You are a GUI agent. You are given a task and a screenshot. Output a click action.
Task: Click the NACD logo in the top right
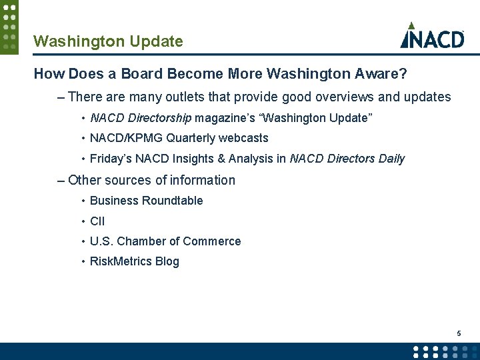[x=432, y=36]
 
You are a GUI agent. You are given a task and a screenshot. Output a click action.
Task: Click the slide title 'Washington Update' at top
[x=108, y=41]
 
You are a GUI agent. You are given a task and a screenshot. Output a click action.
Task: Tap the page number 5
[x=459, y=333]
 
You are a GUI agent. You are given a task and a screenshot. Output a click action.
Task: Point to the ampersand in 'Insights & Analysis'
[x=221, y=159]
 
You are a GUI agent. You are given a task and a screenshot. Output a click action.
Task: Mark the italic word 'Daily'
[x=391, y=159]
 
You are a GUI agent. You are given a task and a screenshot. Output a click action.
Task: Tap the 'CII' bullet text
[x=97, y=221]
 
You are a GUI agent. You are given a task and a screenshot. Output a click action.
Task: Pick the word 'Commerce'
[x=212, y=241]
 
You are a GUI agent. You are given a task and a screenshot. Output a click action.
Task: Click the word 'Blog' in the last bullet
[x=167, y=261]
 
